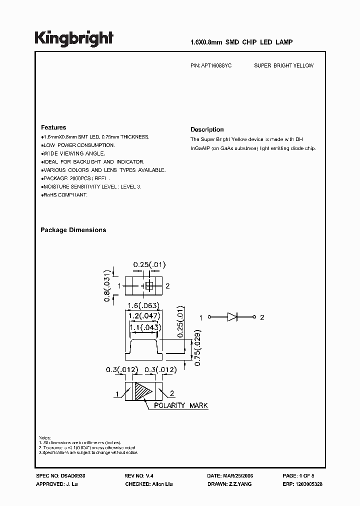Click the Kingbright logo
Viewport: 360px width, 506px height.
[74, 38]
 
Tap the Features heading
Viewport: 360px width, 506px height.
[53, 127]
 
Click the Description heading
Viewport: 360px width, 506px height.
[207, 129]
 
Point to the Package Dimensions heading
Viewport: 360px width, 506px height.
[73, 230]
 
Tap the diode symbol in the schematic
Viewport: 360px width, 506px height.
[233, 317]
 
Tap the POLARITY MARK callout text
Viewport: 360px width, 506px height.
[181, 405]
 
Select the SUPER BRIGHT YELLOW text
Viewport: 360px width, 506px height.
[283, 65]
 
